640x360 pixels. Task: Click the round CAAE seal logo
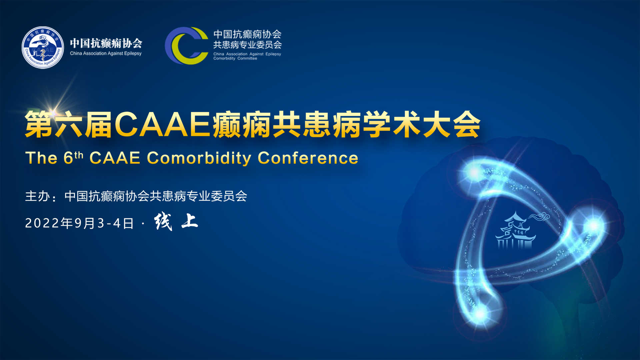43,47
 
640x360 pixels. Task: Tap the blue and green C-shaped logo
186,46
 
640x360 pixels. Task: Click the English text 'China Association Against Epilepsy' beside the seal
106,53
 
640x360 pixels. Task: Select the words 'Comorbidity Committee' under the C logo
235,58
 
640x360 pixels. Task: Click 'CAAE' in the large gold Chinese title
162,124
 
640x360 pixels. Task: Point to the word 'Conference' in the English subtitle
308,158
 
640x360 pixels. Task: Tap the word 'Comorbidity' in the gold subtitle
199,158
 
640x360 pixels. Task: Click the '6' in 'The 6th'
68,158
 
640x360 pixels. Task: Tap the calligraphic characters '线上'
176,221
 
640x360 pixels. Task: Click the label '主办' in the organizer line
37,196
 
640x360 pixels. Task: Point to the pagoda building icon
515,231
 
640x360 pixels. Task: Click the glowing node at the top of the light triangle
474,172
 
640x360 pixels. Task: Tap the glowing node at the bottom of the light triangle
480,313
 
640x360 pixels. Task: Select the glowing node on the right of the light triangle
594,226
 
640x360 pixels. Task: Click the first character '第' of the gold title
39,125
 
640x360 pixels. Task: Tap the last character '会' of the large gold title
467,124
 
